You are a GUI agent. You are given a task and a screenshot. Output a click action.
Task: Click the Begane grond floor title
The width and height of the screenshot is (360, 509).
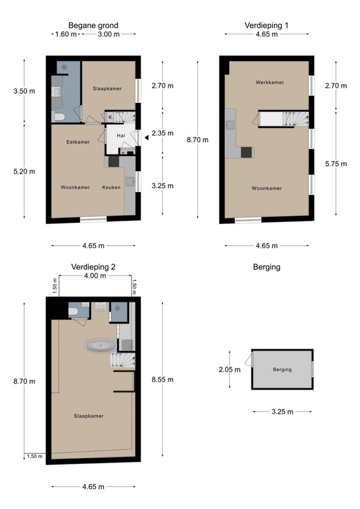click(93, 25)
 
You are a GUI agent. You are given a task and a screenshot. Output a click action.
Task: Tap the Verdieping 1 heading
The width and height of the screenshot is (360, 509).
click(267, 25)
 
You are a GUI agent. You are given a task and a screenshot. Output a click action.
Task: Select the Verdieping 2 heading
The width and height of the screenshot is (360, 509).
click(93, 267)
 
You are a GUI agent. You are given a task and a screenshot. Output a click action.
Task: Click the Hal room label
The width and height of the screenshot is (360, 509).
click(121, 136)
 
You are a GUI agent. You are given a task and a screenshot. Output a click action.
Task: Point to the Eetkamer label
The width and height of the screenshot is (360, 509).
click(78, 142)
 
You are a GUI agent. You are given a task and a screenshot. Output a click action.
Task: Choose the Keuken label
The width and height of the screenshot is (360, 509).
click(111, 187)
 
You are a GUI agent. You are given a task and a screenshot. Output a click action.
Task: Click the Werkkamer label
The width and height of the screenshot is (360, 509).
click(270, 83)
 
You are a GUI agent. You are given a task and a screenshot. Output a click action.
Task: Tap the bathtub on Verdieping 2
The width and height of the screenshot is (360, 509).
click(100, 345)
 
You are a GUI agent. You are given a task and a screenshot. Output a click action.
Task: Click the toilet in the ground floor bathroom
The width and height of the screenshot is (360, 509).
click(59, 116)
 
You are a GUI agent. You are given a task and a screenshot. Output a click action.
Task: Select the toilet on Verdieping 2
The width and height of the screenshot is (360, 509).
click(73, 312)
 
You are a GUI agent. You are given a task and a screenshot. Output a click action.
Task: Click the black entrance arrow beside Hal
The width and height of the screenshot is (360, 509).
click(147, 137)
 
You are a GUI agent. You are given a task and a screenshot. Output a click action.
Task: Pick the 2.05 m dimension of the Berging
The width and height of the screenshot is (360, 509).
click(230, 370)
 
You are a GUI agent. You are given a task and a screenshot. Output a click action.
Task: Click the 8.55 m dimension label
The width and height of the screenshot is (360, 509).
click(162, 379)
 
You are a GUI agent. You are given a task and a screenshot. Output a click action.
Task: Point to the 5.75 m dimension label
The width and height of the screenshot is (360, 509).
click(336, 164)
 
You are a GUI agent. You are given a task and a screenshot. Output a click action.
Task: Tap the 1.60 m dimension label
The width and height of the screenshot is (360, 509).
click(66, 34)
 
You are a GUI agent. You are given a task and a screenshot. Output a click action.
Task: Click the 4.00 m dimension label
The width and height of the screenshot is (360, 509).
click(95, 275)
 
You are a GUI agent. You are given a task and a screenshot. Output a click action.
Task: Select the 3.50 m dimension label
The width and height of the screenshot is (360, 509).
click(24, 91)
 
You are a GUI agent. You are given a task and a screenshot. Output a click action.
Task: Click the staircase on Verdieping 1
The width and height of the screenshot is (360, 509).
click(284, 119)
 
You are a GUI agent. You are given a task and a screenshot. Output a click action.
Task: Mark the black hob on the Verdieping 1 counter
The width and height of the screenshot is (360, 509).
click(246, 152)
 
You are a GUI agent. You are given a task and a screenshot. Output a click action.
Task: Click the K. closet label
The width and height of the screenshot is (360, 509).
click(111, 117)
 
